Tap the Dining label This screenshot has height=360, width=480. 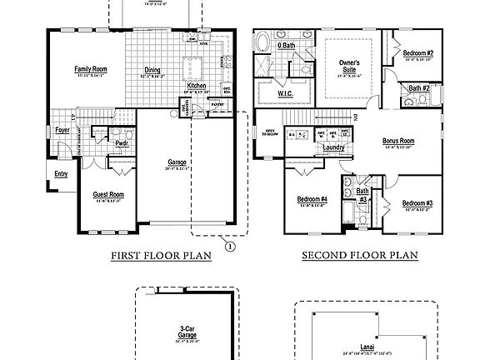(153, 71)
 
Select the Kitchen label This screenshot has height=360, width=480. (197, 86)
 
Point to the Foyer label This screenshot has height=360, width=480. (62, 130)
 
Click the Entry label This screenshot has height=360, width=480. (61, 173)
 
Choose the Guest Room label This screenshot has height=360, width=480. (107, 195)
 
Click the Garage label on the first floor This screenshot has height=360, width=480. (176, 162)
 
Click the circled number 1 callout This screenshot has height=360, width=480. (230, 245)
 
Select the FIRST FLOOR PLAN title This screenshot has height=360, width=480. (161, 257)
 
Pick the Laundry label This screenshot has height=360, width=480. (334, 147)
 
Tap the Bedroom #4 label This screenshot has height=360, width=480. (312, 199)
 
